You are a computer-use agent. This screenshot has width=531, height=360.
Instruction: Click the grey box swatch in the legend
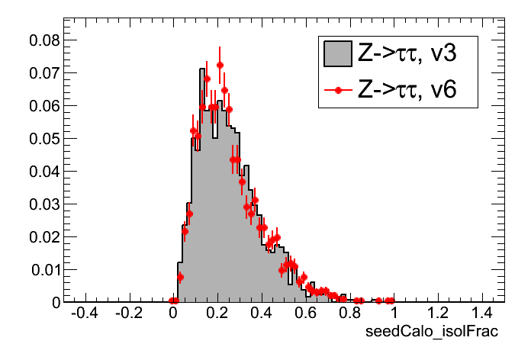tap(337, 54)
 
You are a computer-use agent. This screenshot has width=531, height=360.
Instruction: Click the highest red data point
tap(220, 65)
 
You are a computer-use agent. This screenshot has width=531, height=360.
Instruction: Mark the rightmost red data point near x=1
tap(391, 301)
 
